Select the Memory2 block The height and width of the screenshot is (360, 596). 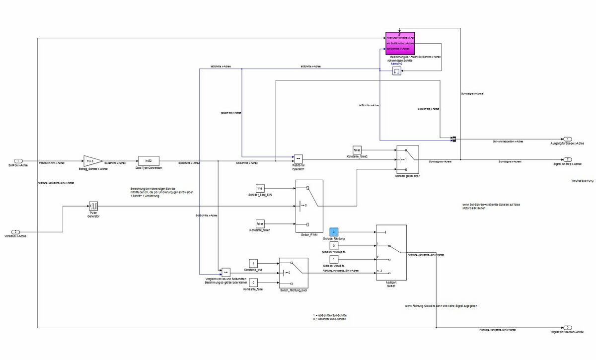coord(397,72)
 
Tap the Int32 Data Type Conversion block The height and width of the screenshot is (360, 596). coord(148,161)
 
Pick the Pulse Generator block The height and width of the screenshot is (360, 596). coord(94,206)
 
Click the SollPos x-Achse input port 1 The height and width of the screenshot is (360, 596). coord(18,161)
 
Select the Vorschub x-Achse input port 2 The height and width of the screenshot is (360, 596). coord(15,232)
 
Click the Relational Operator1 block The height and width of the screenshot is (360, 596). coord(298,158)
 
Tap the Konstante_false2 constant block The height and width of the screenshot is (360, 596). coord(357,149)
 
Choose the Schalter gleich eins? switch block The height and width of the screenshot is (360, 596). coord(407,159)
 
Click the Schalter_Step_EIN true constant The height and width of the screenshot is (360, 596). coord(260,188)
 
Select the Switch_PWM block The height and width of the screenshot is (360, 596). coord(309,206)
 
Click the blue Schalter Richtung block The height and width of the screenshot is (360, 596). coord(334,232)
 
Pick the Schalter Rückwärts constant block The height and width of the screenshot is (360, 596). coord(334,245)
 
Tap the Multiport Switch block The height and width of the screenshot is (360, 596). coord(391,253)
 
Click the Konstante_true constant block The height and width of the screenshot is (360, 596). coord(253,263)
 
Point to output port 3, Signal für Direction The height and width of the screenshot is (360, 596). coord(567,328)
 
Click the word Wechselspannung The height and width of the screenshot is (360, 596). coord(582,181)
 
